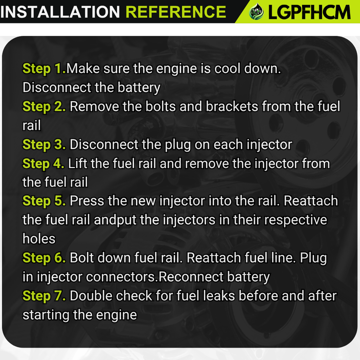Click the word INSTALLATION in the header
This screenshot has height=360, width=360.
(x=60, y=12)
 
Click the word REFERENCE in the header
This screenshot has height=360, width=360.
(x=176, y=12)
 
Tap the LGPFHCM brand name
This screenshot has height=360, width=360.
(x=309, y=12)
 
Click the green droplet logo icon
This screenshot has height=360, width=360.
(x=256, y=12)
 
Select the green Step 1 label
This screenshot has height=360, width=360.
(x=44, y=69)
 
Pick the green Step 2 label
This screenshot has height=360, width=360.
(x=44, y=107)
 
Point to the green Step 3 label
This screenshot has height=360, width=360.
(x=44, y=144)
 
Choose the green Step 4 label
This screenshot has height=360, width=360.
(x=43, y=163)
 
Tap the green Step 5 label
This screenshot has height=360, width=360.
(x=44, y=201)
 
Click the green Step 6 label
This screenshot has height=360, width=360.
(x=44, y=258)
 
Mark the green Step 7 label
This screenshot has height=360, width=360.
(x=44, y=295)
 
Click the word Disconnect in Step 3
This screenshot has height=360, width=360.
(x=104, y=144)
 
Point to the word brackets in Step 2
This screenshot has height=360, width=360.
(x=232, y=107)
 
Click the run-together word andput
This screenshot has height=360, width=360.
(x=115, y=220)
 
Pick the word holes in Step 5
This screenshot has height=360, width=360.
(x=39, y=239)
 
